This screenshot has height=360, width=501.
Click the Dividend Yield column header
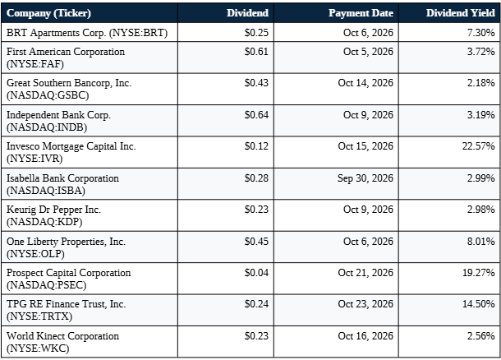460,13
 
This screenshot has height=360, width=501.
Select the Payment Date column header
361,13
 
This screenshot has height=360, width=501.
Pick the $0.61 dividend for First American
256,52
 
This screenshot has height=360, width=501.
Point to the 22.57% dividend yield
478,146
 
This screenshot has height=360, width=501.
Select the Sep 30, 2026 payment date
365,178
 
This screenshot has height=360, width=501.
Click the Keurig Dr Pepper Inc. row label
53,210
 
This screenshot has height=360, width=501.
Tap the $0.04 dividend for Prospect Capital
256,273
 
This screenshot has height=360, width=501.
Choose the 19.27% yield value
478,273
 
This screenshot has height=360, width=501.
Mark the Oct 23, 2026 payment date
365,304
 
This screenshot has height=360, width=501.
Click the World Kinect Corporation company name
62,336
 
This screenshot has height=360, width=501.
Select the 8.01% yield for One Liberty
480,242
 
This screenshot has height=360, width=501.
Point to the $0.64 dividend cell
256,115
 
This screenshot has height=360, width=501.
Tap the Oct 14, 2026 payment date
365,83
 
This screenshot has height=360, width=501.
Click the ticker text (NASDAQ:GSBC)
48,95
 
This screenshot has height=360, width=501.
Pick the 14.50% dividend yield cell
478,304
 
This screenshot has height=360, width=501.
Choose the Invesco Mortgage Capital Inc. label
71,146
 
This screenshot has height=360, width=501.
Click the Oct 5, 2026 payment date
368,52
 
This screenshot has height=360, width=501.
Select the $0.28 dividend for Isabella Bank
256,178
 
